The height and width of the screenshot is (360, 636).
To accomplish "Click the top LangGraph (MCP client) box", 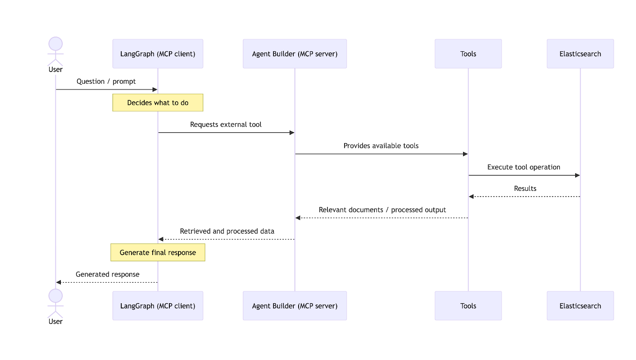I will click(158, 54).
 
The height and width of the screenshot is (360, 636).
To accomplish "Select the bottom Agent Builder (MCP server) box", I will click(295, 306).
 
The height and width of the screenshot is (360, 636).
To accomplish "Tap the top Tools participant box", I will click(468, 54).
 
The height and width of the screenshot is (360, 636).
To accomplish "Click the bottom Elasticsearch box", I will click(580, 306).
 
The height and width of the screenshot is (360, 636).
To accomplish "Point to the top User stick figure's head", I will click(56, 44).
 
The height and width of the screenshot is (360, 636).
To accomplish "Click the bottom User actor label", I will click(56, 321).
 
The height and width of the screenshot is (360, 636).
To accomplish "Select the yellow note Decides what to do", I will click(158, 103).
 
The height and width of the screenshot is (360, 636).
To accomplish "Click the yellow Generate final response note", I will click(158, 252).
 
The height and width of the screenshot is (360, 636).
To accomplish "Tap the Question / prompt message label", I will click(106, 81).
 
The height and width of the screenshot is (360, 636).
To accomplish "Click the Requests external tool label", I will click(226, 124).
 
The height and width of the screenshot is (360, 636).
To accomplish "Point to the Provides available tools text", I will click(381, 146).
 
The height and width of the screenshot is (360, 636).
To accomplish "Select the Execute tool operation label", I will click(524, 167).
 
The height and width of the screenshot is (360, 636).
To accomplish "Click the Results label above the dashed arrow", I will click(525, 188).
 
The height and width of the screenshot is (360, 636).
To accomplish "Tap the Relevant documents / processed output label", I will click(382, 210).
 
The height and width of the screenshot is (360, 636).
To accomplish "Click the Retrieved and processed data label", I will click(227, 231).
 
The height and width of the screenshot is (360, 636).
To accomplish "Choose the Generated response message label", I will click(107, 274).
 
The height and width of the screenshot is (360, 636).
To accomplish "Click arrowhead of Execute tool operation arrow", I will click(578, 175).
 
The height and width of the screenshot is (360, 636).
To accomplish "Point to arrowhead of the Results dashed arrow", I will click(471, 197).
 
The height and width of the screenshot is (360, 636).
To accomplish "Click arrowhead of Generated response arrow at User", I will click(58, 283).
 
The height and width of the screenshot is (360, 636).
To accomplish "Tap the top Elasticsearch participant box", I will click(580, 54).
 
